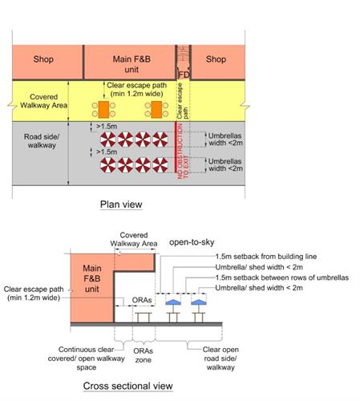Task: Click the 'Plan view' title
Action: click(121, 205)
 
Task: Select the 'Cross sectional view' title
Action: click(127, 386)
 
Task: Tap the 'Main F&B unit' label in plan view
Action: click(131, 64)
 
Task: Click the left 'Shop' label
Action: click(43, 59)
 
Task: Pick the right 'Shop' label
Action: click(216, 59)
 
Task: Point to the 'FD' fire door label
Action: click(184, 75)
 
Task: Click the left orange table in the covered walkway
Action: click(103, 110)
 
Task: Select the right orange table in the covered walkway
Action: click(156, 110)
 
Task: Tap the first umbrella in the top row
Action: click(108, 140)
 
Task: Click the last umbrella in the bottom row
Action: click(160, 165)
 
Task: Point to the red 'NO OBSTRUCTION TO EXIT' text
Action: click(183, 151)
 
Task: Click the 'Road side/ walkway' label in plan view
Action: click(42, 141)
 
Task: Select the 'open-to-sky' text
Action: click(192, 242)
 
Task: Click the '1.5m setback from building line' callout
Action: click(266, 257)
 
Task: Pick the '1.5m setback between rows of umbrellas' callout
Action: click(282, 277)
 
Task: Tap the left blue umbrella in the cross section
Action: click(173, 302)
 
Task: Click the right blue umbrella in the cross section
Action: click(199, 302)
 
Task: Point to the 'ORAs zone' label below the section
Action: click(144, 355)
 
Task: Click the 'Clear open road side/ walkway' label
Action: click(220, 358)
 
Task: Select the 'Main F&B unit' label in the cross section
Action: click(92, 278)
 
